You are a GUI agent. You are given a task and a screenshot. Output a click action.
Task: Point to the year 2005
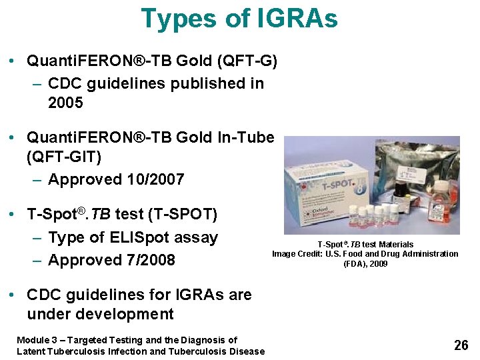(x=65, y=103)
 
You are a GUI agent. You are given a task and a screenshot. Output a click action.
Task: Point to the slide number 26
(x=461, y=345)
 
